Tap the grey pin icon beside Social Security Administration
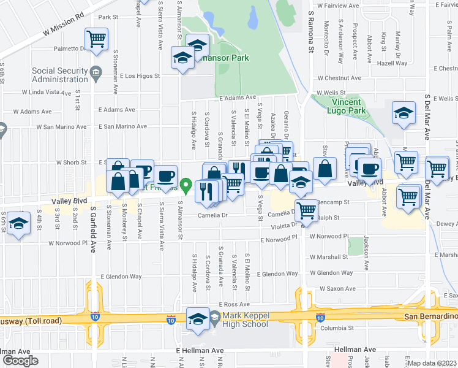click(96, 74)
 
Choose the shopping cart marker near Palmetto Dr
click(97, 40)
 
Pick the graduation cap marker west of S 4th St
click(20, 224)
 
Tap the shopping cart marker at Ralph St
click(307, 211)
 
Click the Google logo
click(20, 360)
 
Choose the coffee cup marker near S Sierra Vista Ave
click(165, 176)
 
